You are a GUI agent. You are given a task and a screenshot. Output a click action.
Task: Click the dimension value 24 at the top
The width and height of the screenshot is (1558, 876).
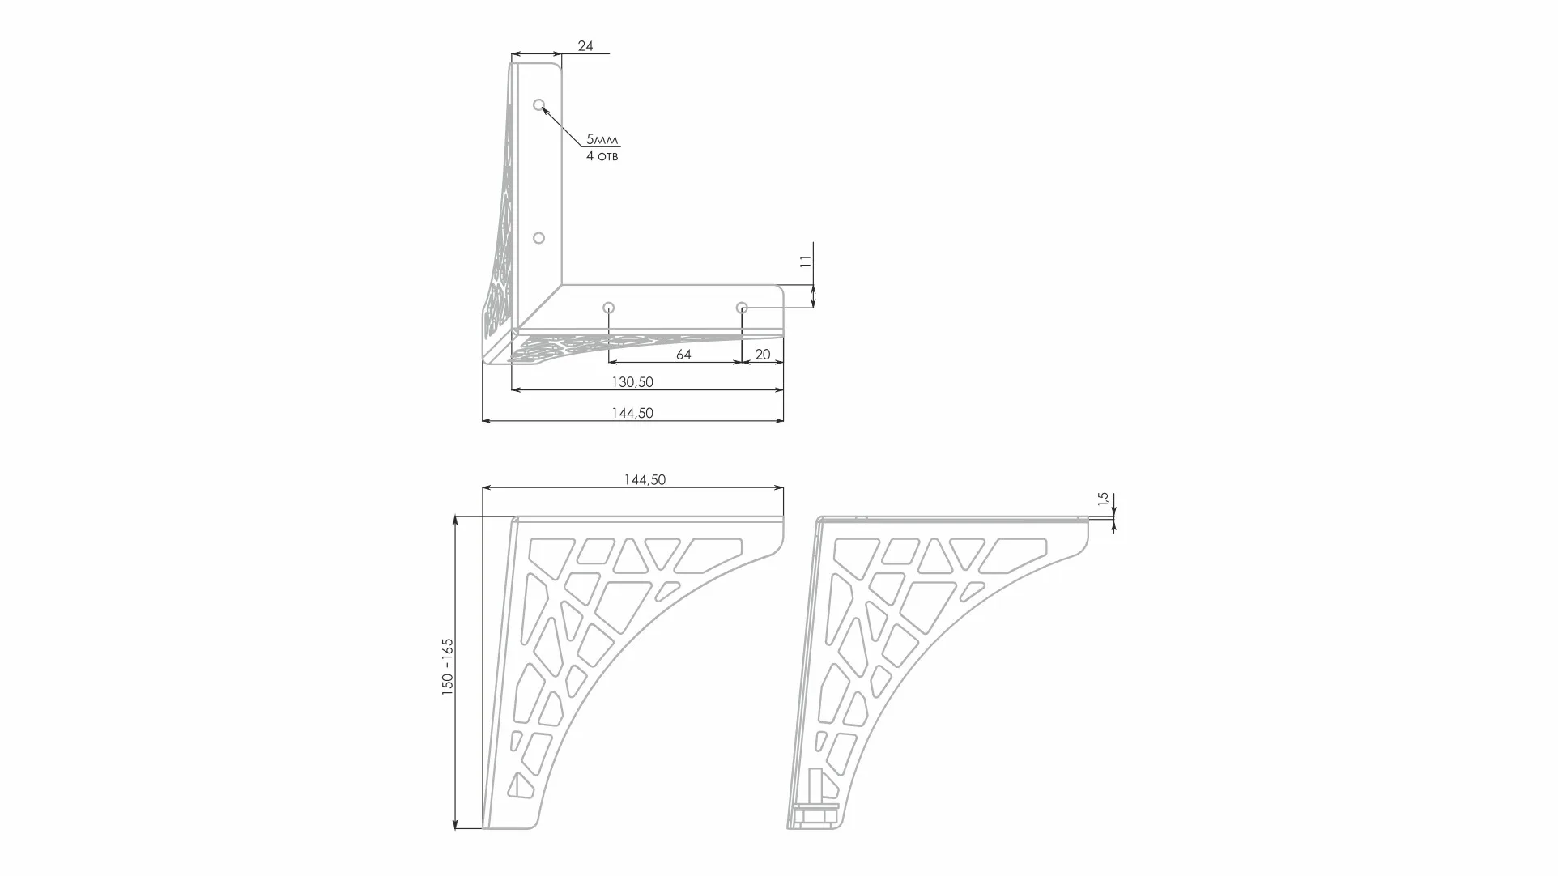(585, 46)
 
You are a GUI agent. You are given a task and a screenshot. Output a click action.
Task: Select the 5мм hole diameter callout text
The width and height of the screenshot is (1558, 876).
(602, 139)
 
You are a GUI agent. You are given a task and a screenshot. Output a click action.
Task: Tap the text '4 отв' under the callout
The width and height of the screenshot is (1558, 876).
(602, 155)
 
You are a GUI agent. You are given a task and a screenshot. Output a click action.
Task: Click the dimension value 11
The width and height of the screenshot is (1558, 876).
(805, 262)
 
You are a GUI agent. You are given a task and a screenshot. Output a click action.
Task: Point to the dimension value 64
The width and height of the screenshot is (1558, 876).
(683, 355)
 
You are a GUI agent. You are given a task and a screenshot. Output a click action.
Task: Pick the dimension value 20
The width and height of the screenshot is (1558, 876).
(762, 355)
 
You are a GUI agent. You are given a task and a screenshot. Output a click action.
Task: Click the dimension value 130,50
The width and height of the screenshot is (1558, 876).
(632, 381)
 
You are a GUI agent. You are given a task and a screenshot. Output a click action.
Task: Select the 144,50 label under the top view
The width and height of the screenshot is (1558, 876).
(632, 413)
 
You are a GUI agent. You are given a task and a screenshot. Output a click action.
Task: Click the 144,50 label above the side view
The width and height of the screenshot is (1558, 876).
(644, 479)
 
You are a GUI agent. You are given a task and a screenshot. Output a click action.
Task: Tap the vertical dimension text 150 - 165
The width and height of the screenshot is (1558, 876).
(448, 666)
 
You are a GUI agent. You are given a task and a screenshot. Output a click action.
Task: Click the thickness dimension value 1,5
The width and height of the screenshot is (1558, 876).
(1102, 499)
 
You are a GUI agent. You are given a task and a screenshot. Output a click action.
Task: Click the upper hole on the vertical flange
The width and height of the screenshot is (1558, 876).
(538, 105)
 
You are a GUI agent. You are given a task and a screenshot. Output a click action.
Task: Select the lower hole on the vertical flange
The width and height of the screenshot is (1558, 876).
(538, 238)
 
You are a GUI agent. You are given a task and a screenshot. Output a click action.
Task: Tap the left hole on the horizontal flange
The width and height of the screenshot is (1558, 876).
(609, 308)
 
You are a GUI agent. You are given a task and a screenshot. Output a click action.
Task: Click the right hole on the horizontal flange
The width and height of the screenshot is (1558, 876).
(742, 308)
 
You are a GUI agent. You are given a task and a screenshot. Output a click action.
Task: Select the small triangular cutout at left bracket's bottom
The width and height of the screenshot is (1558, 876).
(518, 785)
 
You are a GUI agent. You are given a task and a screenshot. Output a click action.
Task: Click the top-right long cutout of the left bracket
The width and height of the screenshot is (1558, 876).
(709, 555)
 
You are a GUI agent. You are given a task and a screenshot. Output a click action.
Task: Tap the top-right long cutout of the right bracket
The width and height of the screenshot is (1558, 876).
(1015, 555)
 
